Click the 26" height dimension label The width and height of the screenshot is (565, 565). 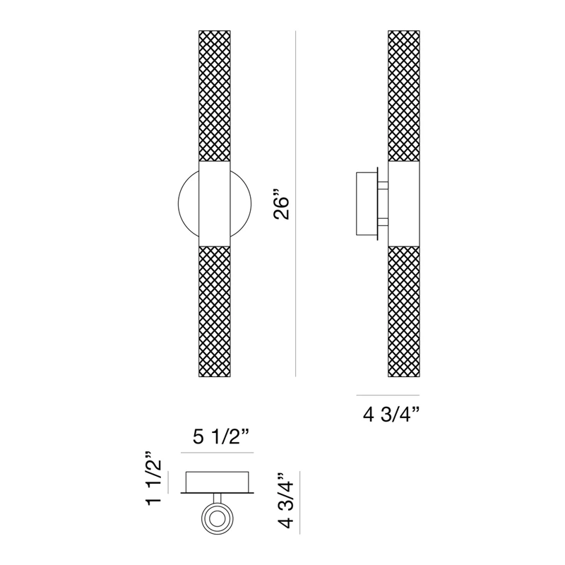[281, 208]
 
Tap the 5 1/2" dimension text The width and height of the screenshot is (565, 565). [221, 436]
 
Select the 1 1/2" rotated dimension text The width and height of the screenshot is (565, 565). [154, 478]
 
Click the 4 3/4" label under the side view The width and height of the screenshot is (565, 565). [392, 415]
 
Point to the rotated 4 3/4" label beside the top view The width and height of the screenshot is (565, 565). [287, 501]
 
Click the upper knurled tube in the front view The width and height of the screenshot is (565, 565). [215, 96]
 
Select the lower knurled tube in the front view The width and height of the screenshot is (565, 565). [215, 311]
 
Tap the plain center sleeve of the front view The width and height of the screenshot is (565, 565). [215, 203]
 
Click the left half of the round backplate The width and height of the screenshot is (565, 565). [179, 203]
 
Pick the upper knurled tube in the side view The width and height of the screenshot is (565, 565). [404, 96]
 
